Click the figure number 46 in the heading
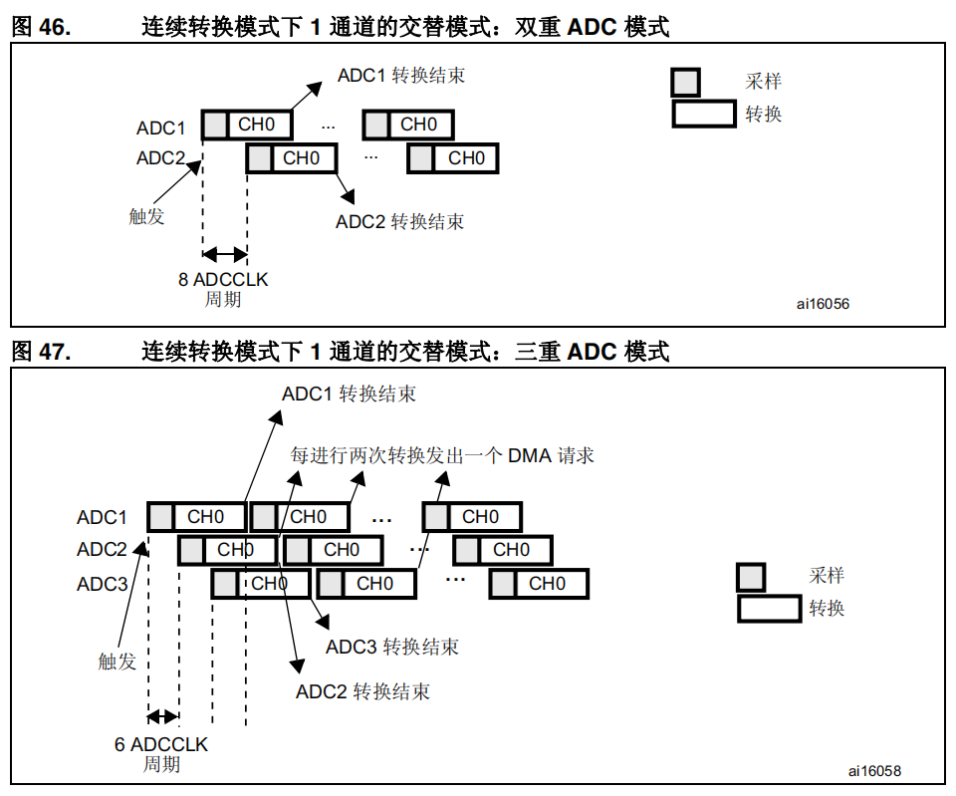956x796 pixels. (55, 27)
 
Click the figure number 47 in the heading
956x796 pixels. (55, 352)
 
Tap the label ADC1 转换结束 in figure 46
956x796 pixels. (400, 76)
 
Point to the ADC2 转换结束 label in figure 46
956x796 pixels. (399, 221)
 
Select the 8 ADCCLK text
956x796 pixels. (223, 280)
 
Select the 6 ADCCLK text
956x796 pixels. (161, 744)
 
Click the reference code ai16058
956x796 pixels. (874, 771)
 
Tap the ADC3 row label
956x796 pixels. (103, 584)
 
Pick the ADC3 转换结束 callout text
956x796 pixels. (392, 647)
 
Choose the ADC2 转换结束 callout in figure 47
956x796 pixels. (363, 691)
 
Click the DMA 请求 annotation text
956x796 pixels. (442, 455)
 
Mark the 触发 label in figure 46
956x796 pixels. (147, 215)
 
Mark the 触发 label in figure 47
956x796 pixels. (117, 662)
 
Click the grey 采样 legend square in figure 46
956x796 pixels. (686, 82)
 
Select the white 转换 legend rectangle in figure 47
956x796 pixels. (769, 608)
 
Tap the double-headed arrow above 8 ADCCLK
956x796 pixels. (224, 254)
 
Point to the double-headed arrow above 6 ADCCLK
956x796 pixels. (162, 716)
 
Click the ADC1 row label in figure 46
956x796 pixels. (161, 128)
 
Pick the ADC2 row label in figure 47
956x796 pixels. (103, 550)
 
